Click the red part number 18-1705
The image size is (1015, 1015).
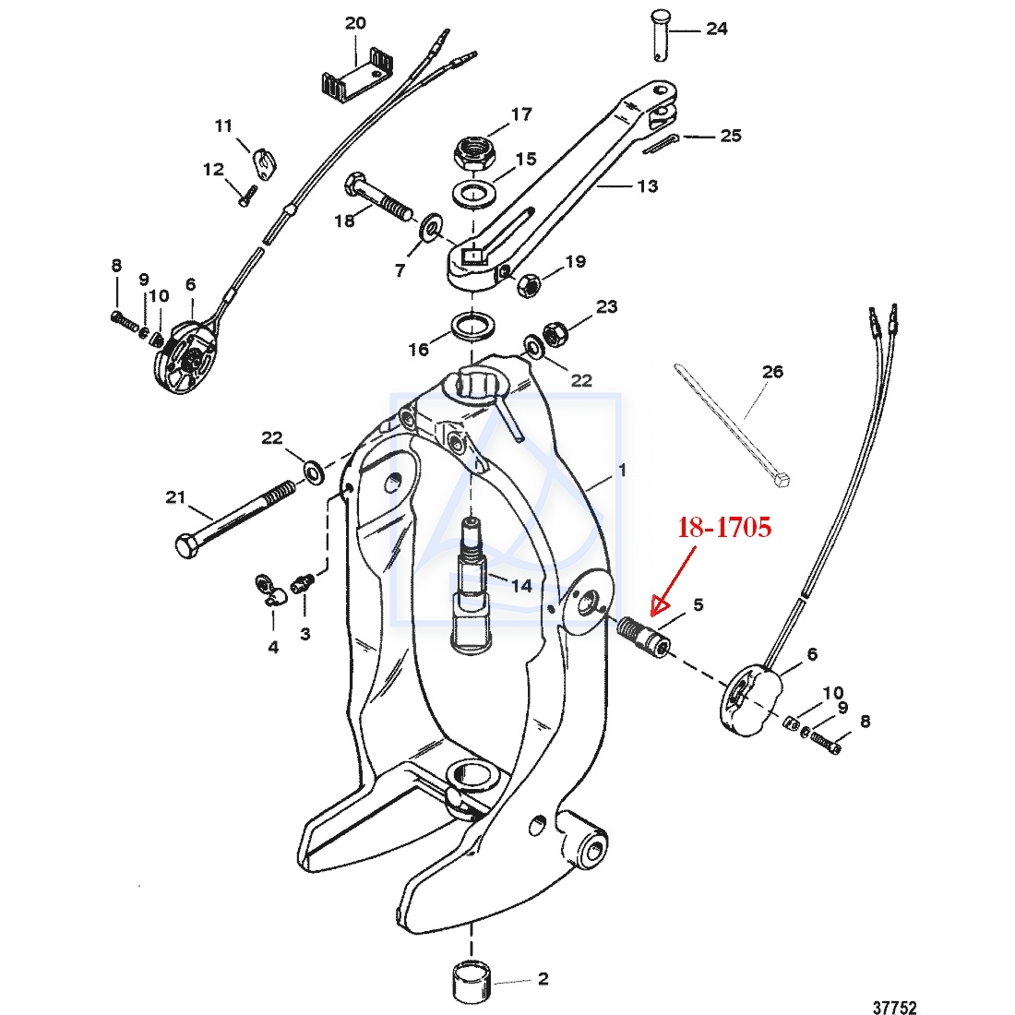click(x=723, y=528)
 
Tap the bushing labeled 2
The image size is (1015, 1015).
click(x=472, y=984)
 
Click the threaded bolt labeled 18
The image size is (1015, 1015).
click(x=377, y=198)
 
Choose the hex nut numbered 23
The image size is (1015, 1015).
click(x=556, y=331)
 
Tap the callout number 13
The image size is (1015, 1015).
click(x=648, y=185)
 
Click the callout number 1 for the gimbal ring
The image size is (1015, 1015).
click(x=622, y=470)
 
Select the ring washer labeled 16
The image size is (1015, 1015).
click(x=472, y=325)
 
